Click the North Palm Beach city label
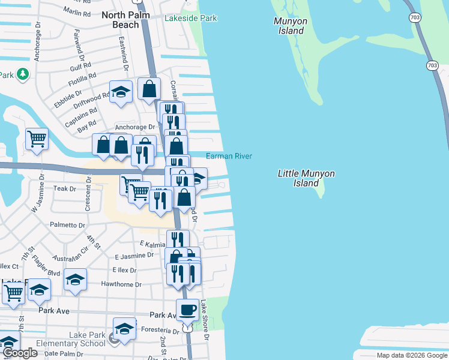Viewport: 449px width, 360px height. coord(129,19)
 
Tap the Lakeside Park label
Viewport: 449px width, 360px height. coord(191,19)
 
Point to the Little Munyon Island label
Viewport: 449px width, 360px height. coord(306,178)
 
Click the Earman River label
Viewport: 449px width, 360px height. coord(229,156)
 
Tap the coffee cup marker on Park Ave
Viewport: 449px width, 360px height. coord(187,310)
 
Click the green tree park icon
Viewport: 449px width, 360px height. coord(22,74)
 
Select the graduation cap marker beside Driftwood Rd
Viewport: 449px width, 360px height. coord(121,92)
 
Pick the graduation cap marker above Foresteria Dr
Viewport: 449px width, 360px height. coord(124,328)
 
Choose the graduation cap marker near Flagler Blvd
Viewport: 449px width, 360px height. coord(75,279)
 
